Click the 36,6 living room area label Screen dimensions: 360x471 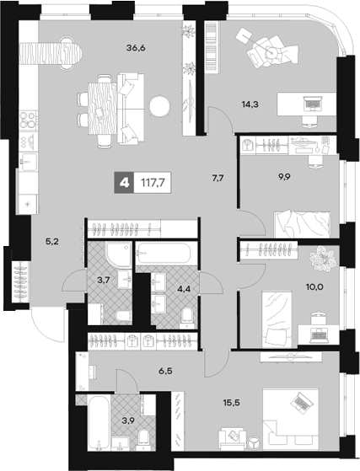point(136,48)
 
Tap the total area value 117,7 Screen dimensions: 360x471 point(153,182)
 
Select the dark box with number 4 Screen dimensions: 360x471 point(124,182)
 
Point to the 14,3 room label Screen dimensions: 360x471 point(250,104)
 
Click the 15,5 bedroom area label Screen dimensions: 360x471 point(231,403)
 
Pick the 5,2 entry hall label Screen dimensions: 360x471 point(51,242)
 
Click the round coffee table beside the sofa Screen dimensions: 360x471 point(160,106)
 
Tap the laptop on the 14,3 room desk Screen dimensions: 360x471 point(312,104)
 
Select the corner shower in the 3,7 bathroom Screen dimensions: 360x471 point(118,254)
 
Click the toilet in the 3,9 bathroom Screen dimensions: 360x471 point(143,438)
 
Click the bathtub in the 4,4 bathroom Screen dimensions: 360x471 point(163,253)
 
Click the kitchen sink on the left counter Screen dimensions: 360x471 point(29,161)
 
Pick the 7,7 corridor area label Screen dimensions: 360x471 point(218,179)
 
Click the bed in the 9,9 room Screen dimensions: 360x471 point(302,225)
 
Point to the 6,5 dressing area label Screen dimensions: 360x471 point(165,372)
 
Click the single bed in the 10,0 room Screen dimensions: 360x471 point(277,319)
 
